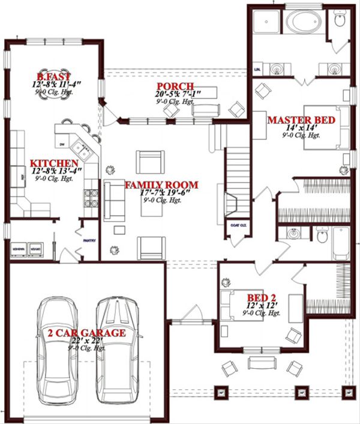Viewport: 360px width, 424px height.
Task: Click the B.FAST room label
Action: (x=54, y=77)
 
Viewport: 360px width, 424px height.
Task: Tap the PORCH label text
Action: (x=173, y=86)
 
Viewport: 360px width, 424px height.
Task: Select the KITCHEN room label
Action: (x=54, y=163)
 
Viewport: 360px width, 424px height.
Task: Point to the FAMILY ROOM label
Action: (x=161, y=185)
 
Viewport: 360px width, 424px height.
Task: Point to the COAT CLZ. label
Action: (x=238, y=225)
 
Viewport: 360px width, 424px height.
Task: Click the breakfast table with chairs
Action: (x=54, y=90)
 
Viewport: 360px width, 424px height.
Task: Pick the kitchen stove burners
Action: (x=91, y=198)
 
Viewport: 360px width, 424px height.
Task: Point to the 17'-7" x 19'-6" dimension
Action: (x=160, y=193)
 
